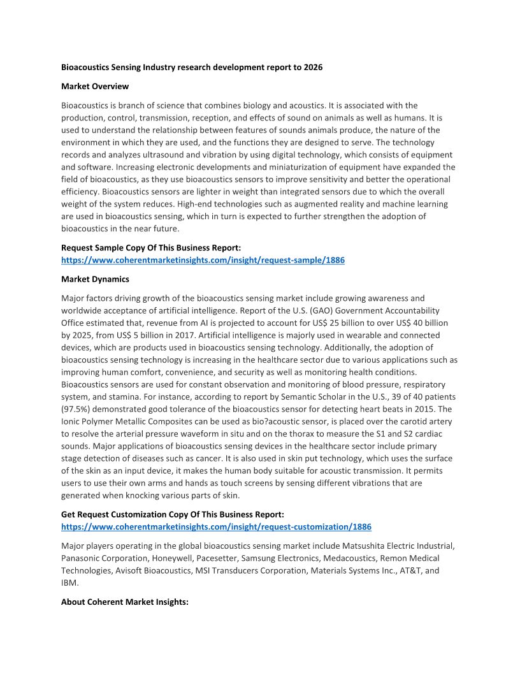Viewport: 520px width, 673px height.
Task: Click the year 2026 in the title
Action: (x=312, y=67)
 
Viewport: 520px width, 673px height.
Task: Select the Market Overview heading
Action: (x=95, y=86)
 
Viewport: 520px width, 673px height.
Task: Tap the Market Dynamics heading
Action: (x=95, y=279)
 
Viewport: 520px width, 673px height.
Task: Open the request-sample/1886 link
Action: (x=203, y=260)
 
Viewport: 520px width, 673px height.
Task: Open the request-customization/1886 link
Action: (x=216, y=527)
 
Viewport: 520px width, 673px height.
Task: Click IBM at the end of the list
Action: (x=69, y=583)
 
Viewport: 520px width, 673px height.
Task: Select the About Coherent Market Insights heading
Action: (x=125, y=601)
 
